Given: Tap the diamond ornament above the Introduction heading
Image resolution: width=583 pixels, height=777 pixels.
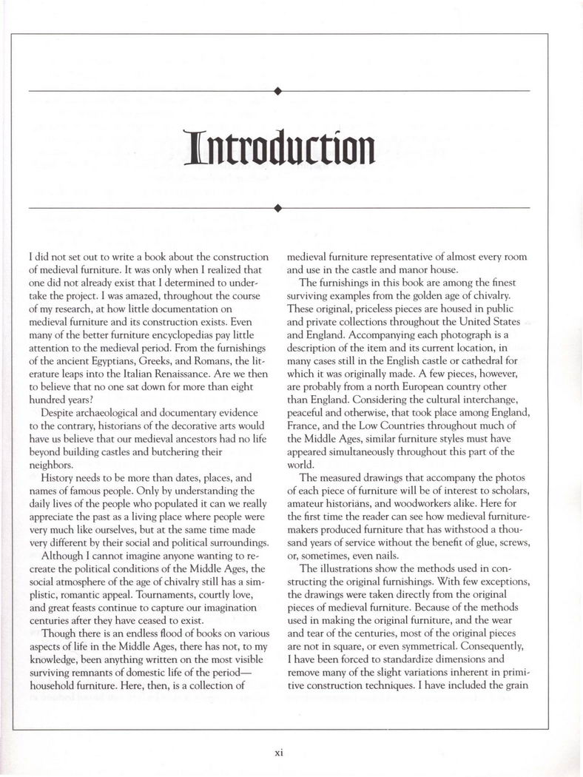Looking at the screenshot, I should tap(277, 91).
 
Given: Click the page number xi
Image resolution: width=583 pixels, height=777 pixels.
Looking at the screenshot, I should tap(278, 752).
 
